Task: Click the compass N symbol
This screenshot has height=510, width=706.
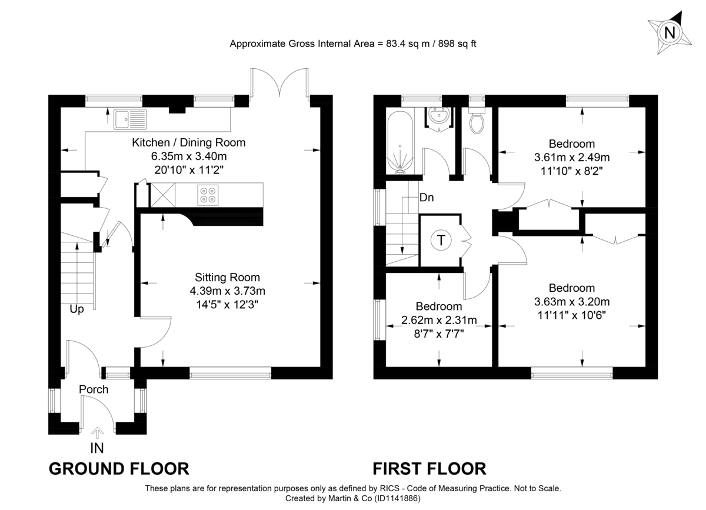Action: click(669, 33)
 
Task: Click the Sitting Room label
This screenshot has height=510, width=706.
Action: click(227, 277)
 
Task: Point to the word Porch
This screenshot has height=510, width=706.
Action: click(94, 389)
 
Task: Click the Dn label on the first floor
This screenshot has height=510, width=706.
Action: click(427, 198)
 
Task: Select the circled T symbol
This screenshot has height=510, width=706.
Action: click(439, 240)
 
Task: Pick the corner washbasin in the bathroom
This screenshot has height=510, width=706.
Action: click(439, 116)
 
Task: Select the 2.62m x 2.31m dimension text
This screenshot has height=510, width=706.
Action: click(438, 320)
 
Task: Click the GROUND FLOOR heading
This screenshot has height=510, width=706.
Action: click(118, 469)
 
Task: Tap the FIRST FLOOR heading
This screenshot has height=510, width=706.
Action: click(429, 469)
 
